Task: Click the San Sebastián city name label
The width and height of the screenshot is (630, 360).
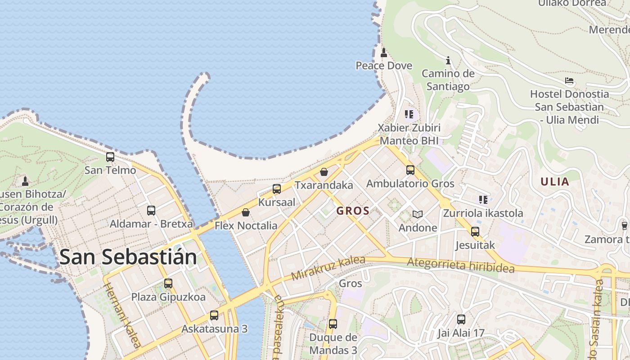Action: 128,257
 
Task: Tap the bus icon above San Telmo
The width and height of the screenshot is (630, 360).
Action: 110,157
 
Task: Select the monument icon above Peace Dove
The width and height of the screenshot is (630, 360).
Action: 384,53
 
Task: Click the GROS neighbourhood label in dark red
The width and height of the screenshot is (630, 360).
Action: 353,211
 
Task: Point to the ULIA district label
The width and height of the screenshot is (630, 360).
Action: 555,182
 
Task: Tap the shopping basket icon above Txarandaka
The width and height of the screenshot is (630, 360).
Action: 324,172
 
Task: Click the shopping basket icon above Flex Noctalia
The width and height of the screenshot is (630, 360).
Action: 246,212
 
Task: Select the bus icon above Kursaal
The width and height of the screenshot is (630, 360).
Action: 277,189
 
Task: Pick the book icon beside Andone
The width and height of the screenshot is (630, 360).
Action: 418,215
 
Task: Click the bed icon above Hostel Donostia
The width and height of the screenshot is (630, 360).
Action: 569,81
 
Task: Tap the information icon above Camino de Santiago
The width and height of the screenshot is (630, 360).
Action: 448,60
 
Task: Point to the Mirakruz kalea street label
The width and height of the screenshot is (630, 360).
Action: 328,269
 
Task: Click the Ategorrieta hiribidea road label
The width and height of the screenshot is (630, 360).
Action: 460,265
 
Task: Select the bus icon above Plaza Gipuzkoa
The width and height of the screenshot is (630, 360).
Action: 168,283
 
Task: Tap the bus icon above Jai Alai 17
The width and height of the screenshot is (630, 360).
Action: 461,320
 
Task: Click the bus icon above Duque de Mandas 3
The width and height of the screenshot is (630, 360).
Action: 333,324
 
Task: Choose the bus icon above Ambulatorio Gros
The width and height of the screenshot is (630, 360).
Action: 410,170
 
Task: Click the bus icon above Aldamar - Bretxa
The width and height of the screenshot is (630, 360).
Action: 151,211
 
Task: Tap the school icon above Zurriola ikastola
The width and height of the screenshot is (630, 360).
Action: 483,200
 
